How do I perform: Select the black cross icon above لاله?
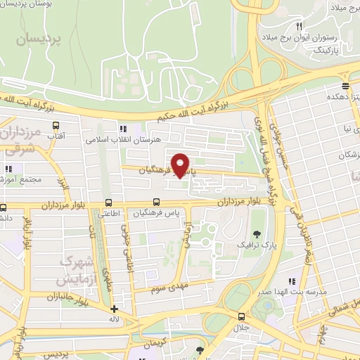tap(115, 309)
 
